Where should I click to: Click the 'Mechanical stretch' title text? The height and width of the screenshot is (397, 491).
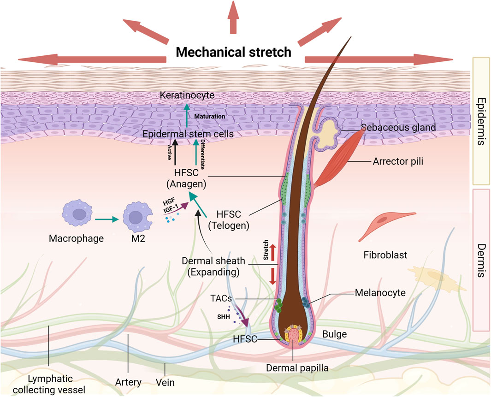point(234,52)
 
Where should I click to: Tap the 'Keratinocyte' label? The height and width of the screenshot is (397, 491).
point(187,95)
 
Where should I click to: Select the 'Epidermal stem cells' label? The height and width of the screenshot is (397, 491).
point(188,134)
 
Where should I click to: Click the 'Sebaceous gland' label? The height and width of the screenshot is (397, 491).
point(398,127)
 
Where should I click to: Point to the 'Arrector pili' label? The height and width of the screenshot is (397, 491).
point(398,161)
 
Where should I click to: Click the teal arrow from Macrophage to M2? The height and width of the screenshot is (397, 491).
point(107,219)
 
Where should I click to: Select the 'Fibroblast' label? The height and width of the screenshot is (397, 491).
point(385,255)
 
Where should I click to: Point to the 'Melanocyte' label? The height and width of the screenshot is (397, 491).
point(380,293)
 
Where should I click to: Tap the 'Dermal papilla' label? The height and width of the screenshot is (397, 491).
point(297,368)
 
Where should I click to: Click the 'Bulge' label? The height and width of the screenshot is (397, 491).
point(334,334)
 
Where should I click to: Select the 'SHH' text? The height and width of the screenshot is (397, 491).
point(224,317)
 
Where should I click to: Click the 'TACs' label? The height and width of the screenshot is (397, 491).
point(221,298)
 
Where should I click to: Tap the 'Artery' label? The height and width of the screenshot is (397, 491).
point(128,382)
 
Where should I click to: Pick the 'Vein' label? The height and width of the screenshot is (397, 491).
point(165,382)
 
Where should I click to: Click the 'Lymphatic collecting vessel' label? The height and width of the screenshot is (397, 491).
point(49,385)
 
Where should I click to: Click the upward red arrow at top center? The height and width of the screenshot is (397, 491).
point(233,17)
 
